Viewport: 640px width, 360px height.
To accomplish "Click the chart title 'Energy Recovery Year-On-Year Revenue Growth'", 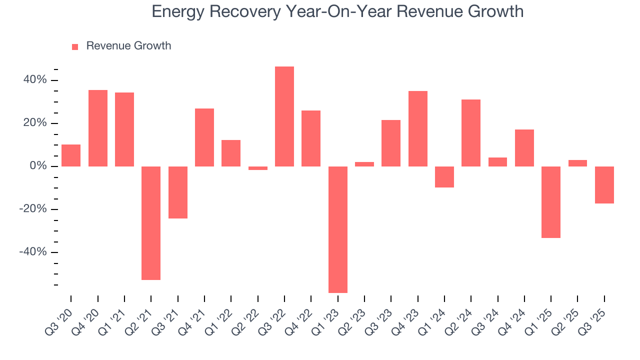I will coord(337,11).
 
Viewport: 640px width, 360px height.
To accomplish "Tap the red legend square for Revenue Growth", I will coord(75,47).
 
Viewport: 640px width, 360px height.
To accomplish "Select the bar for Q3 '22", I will coord(284,116).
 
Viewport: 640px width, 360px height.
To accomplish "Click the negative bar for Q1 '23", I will coord(338,229).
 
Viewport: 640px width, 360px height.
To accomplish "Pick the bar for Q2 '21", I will coord(151,223).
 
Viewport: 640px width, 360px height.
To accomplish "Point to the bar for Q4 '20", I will coord(98,128).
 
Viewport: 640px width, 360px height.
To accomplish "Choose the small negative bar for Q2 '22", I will coord(258,168).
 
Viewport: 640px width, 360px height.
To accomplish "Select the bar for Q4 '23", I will coord(418,128).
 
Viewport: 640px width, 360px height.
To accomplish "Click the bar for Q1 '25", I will coord(551,202).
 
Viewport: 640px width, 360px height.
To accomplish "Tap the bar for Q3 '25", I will coord(604,185).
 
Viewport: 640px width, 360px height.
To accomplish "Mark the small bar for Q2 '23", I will coord(364,164).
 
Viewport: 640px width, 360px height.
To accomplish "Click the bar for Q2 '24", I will coord(471,132).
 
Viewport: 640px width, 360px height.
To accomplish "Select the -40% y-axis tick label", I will coord(32,252).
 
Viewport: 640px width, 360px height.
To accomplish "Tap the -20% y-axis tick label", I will coord(32,209).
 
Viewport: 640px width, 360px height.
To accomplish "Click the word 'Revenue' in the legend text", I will coord(106,46).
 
